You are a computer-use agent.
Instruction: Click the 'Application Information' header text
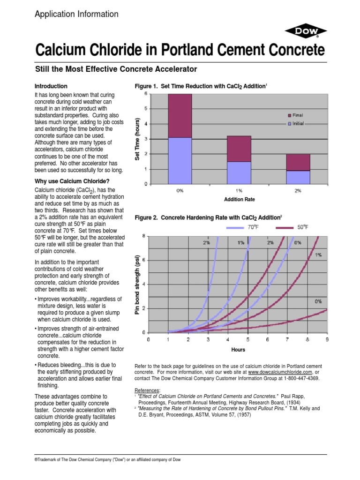77,14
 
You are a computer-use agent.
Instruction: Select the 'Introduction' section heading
52,86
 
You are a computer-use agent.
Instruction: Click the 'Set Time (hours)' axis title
138,139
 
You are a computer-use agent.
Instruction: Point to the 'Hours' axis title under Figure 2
238,350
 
